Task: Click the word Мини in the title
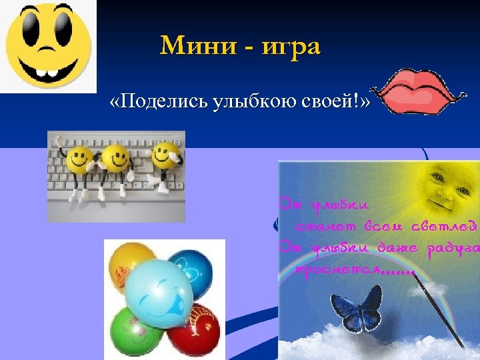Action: point(195,46)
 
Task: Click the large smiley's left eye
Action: point(32,30)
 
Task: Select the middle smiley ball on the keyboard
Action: point(117,160)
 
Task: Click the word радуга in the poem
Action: point(453,249)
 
